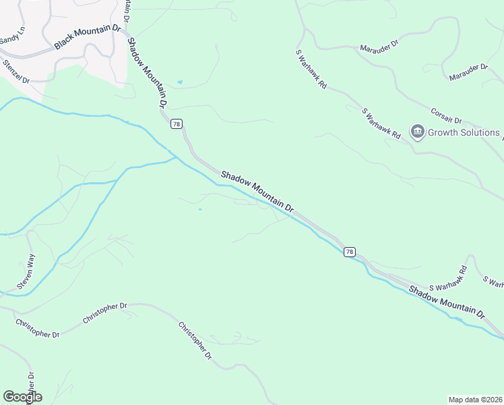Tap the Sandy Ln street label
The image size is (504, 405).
point(12,36)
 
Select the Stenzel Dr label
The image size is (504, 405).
point(17,71)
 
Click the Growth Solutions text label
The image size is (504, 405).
point(464,132)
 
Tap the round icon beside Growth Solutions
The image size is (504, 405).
point(417,132)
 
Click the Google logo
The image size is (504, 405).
point(22,397)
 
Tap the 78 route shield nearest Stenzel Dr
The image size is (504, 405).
point(177,124)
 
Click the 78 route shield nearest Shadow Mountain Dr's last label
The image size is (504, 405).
point(349,252)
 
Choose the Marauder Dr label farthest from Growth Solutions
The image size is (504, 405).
point(379,48)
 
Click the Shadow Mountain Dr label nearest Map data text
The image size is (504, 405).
point(446,302)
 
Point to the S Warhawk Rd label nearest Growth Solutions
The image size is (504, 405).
point(381,124)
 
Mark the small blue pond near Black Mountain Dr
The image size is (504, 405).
point(179,82)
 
